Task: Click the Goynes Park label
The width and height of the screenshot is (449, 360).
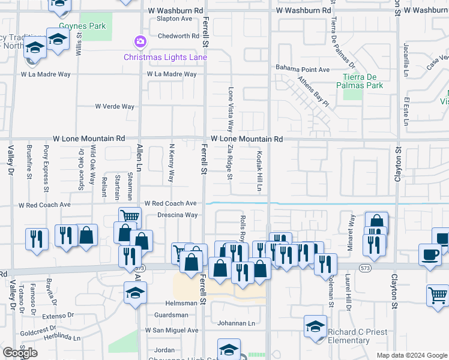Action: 83,26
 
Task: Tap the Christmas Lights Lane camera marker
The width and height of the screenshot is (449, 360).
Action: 140,41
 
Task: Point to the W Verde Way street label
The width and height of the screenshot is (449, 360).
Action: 115,107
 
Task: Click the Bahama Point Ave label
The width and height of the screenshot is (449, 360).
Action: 303,70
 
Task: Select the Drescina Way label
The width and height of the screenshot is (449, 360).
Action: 177,215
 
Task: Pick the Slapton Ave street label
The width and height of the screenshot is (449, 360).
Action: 174,19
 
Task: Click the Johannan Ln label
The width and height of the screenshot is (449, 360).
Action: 237,323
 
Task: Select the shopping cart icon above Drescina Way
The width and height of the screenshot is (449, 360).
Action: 130,217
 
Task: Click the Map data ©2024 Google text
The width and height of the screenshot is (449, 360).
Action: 412,355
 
